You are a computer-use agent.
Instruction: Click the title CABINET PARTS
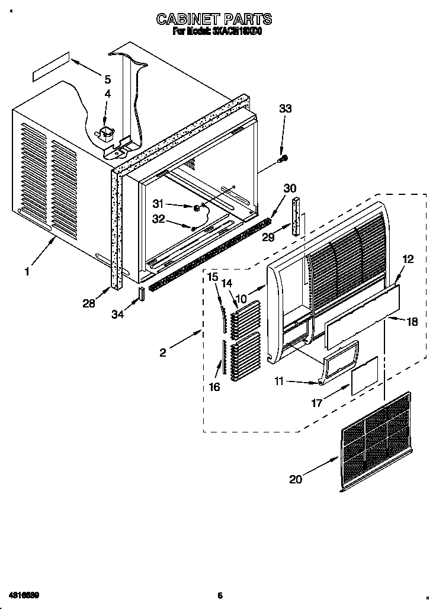click(x=214, y=20)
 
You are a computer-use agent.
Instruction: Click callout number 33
click(x=286, y=108)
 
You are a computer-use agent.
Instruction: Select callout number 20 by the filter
click(x=295, y=479)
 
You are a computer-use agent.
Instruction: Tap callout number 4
click(x=107, y=94)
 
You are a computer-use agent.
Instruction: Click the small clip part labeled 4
click(x=107, y=134)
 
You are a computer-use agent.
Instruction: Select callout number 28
click(x=89, y=304)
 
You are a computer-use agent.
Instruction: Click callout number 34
click(x=118, y=315)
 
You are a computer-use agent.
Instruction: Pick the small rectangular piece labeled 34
click(x=142, y=293)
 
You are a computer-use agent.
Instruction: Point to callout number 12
click(x=408, y=258)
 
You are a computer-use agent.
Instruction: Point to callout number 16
click(x=214, y=387)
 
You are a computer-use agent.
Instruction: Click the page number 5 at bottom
click(x=219, y=595)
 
